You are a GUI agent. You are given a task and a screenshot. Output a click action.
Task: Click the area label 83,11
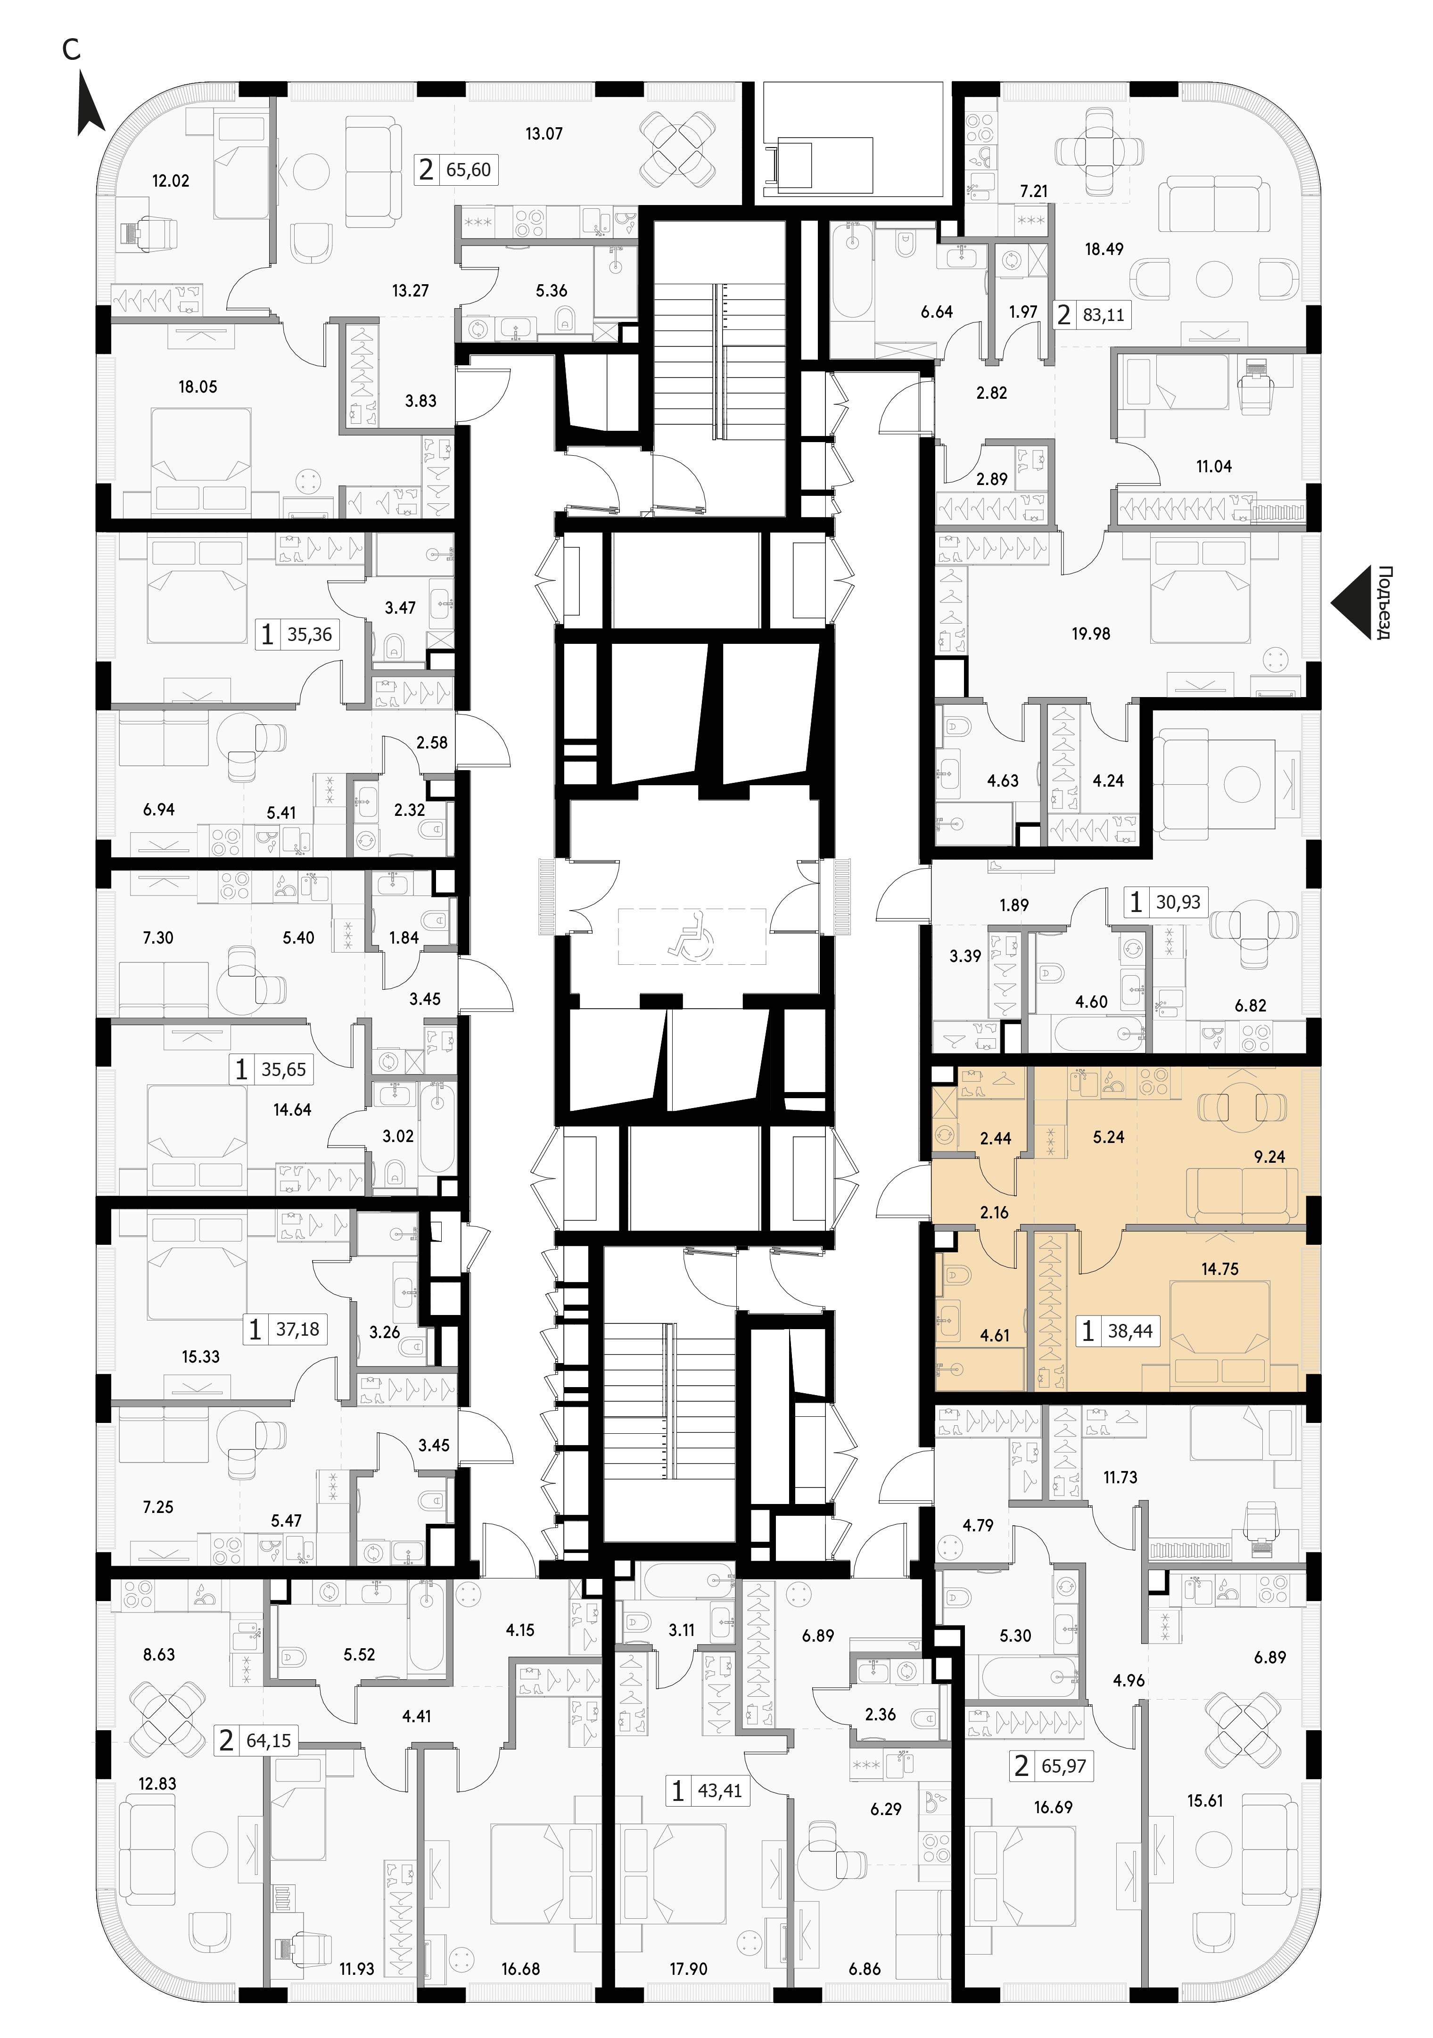[1104, 314]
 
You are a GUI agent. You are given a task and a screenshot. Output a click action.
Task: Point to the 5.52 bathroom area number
[359, 1654]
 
